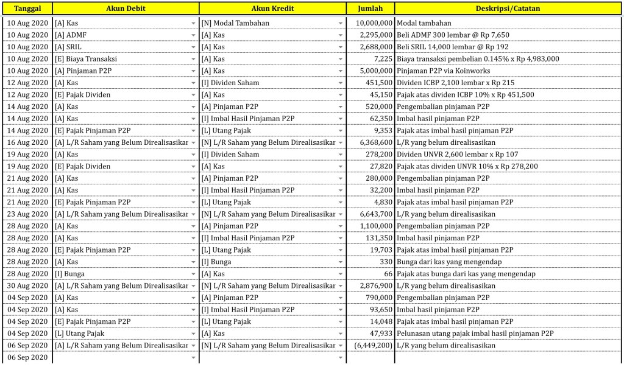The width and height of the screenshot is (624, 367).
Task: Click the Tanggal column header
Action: coord(27,9)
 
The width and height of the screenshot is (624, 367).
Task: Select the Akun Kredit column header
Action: coord(272,9)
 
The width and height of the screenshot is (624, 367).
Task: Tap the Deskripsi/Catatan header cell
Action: coord(508,9)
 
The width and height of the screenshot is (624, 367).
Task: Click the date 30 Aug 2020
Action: coord(27,286)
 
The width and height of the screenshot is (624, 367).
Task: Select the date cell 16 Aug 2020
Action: coord(27,142)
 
